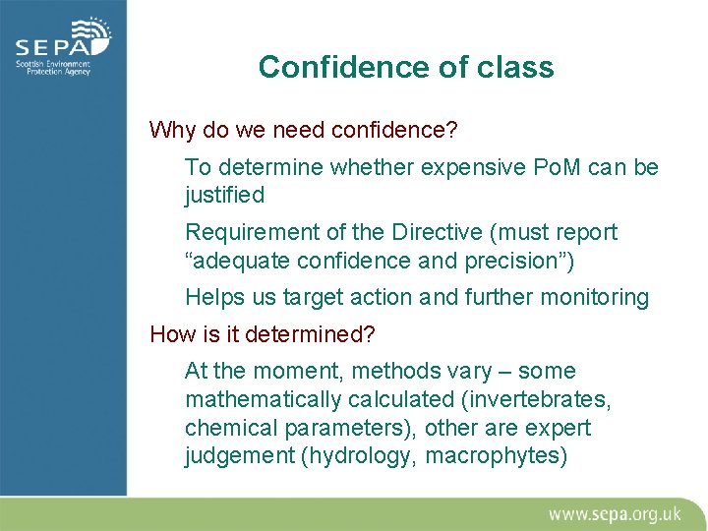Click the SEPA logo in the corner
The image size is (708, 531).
(x=62, y=47)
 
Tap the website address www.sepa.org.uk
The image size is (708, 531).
(x=614, y=513)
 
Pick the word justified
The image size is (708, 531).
(x=224, y=196)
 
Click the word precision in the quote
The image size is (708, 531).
(x=523, y=262)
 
